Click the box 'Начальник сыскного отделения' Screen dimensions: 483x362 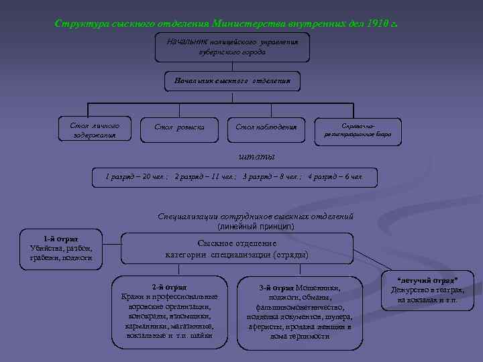(232, 81)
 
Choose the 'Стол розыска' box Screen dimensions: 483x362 (180, 127)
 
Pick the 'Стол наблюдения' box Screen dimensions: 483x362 (266, 127)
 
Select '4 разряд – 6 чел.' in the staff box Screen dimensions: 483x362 (335, 178)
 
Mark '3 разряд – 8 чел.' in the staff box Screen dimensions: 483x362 (272, 178)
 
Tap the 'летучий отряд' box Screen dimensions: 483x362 (427, 290)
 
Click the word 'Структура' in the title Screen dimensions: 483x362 (79, 24)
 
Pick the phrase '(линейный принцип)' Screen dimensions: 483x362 (256, 227)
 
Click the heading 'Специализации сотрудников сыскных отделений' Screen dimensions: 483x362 (256, 217)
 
